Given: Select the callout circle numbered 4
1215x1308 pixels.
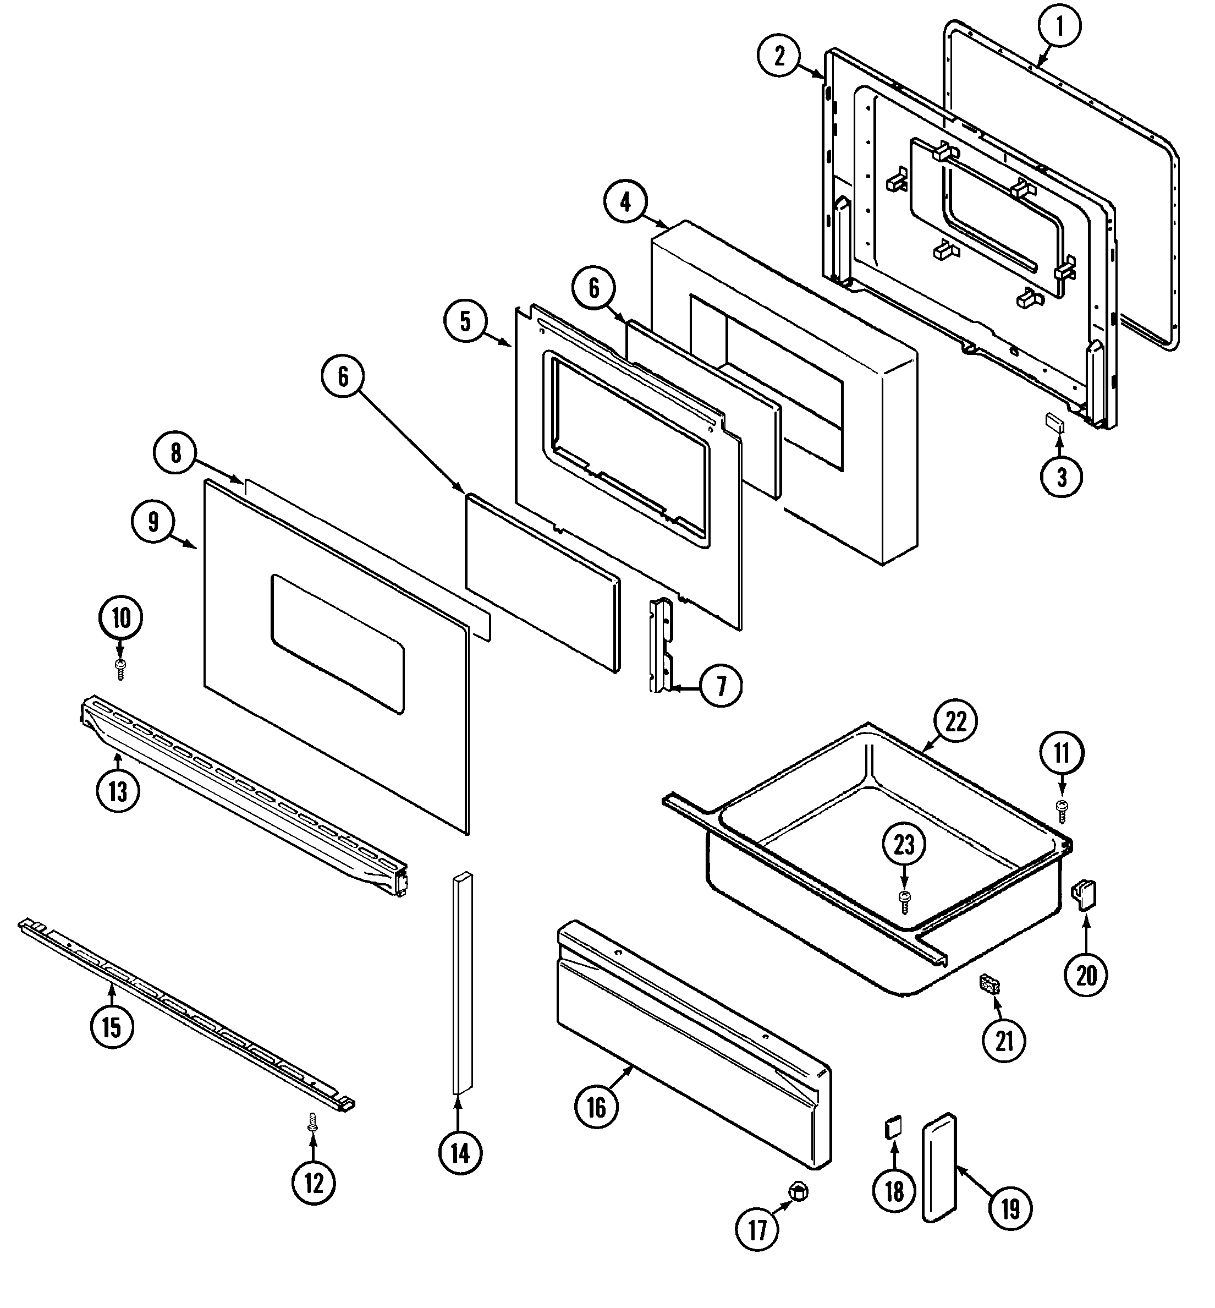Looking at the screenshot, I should tap(625, 201).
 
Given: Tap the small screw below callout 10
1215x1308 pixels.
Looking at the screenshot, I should tap(120, 670).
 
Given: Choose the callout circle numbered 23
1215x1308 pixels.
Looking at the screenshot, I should tap(904, 844).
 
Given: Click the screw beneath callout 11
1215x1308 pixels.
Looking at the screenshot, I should tap(1061, 812).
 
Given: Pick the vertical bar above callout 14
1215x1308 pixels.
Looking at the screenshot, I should tap(462, 983).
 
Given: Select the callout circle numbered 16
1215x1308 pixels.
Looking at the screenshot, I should tap(596, 1108).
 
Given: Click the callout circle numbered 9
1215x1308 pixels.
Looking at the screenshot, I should tap(153, 522).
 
